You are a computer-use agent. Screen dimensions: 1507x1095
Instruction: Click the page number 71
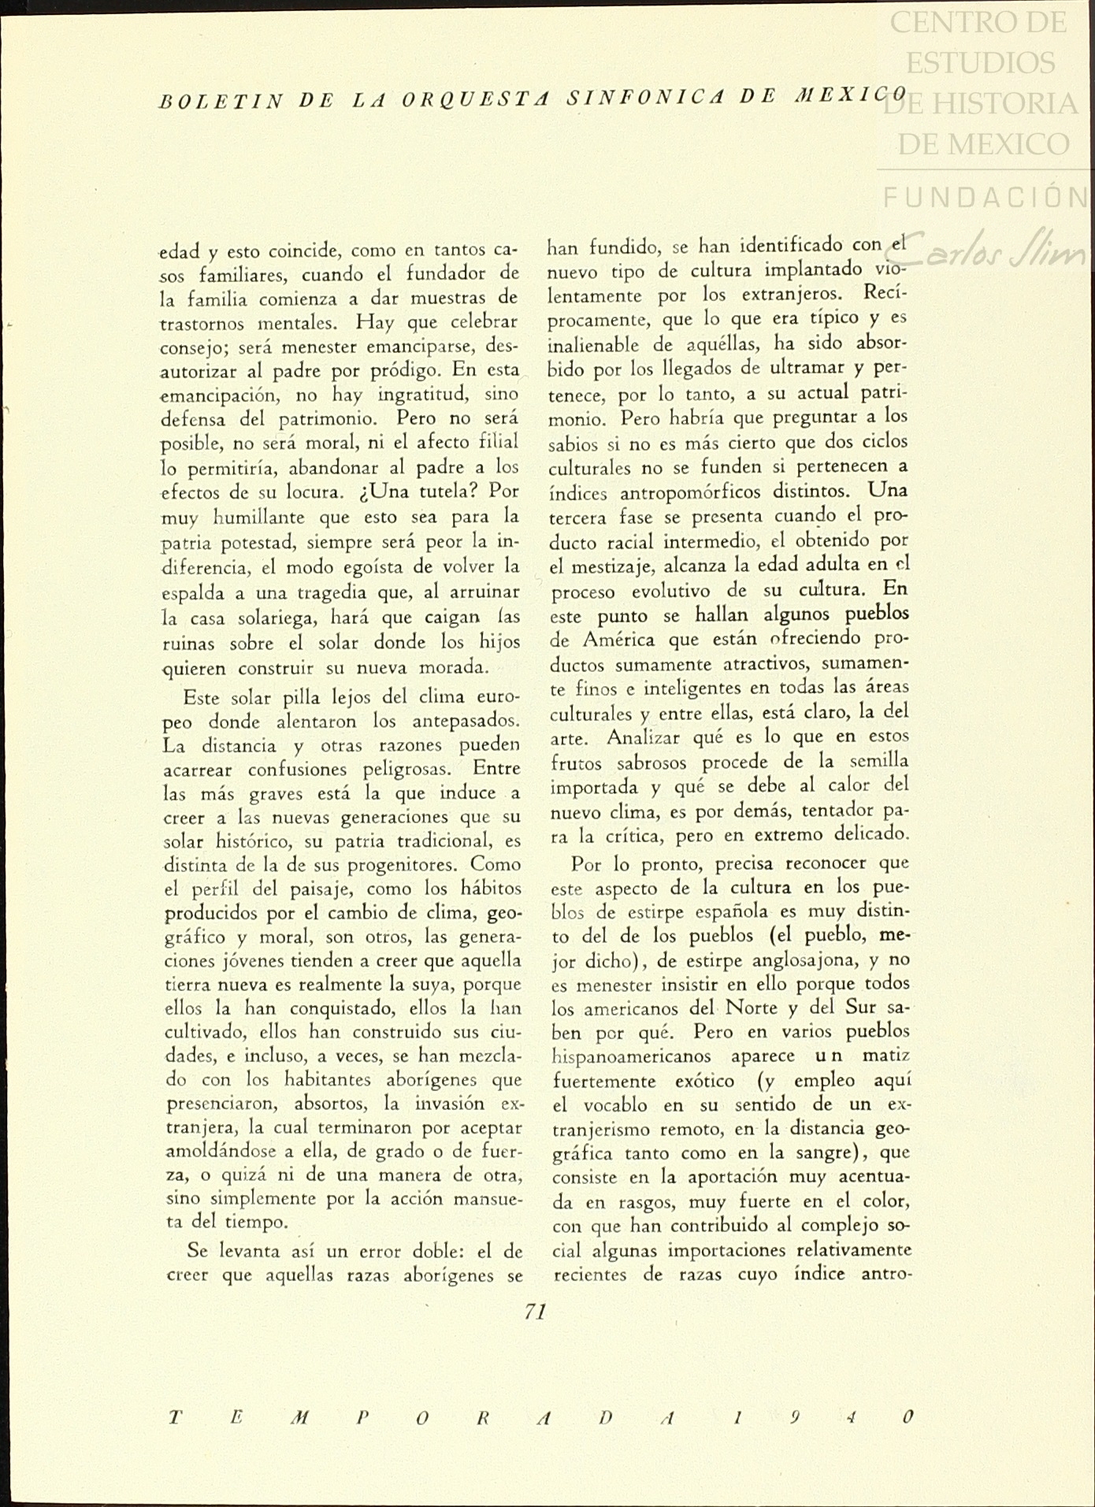point(535,1312)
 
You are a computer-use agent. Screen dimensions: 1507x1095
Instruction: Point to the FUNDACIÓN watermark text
point(985,197)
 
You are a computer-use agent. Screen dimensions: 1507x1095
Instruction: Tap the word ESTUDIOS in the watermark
point(982,63)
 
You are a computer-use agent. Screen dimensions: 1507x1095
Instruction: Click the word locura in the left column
point(314,493)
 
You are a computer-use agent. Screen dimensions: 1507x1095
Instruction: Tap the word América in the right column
point(622,640)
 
